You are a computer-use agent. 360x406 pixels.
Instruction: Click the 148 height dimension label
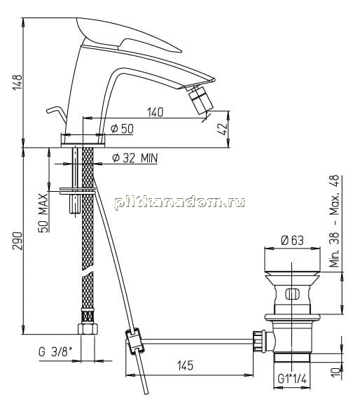pos(18,83)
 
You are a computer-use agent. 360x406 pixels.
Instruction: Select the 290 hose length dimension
pos(18,241)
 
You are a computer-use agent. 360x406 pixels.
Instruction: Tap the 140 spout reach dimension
pos(155,113)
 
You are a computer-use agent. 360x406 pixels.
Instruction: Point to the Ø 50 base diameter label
pos(122,129)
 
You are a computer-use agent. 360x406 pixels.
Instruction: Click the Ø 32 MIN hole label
pos(135,157)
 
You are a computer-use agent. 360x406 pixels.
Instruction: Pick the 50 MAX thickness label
pos(43,213)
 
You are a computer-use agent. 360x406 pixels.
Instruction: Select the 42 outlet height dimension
pos(223,128)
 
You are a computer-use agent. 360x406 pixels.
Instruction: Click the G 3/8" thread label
pos(55,352)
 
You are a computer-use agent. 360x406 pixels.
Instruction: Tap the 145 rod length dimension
pos(185,365)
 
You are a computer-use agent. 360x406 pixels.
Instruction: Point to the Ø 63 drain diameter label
pos(292,241)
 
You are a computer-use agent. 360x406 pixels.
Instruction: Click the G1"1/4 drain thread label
pos(292,379)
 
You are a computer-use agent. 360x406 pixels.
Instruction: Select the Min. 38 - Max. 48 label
pos(334,221)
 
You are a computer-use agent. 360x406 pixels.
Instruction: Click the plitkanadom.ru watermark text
pos(179,202)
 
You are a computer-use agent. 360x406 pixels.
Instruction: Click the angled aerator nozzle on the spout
pos(201,101)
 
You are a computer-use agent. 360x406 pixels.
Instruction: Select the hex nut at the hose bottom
pos(88,328)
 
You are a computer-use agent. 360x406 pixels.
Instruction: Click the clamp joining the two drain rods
pos(134,342)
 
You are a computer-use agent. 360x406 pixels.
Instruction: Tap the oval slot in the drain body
pos(292,295)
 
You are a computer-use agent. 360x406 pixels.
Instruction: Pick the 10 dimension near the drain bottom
pos(337,372)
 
